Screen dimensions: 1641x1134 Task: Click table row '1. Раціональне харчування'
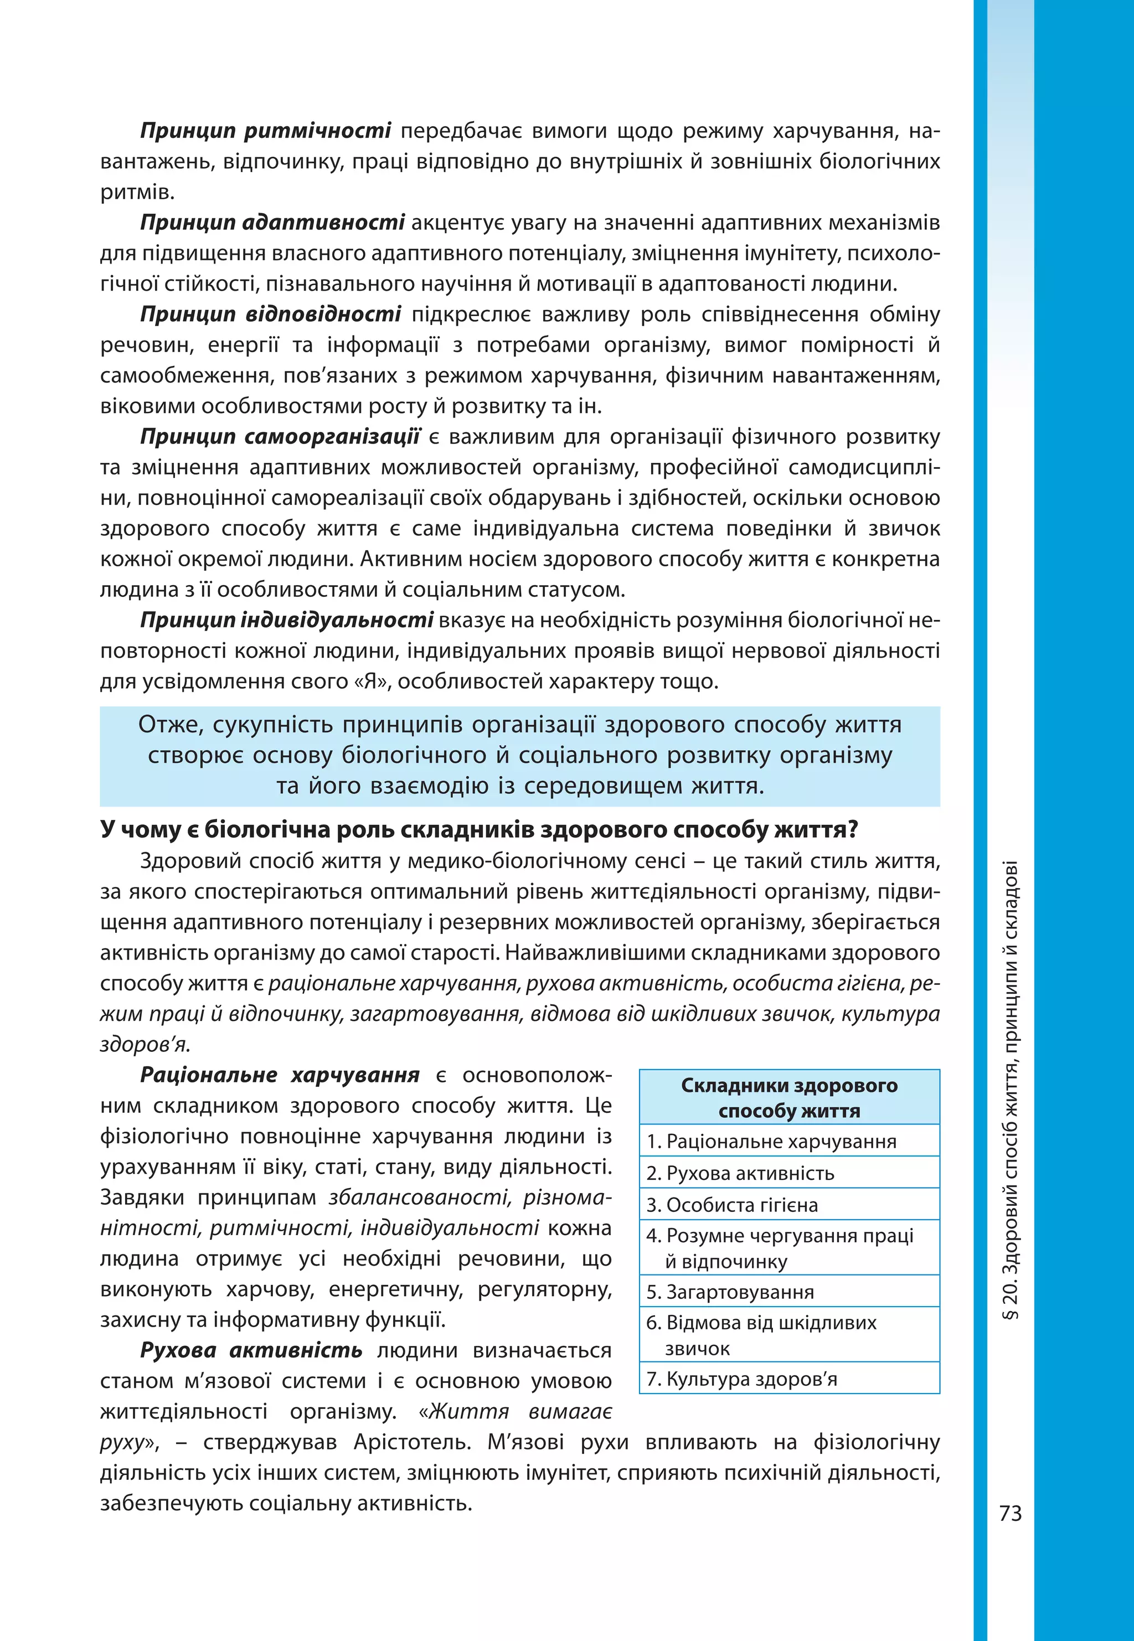(772, 1142)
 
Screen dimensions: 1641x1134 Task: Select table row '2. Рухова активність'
(740, 1174)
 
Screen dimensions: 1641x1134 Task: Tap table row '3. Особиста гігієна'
(732, 1205)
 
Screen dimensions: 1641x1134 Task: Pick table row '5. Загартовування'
(730, 1292)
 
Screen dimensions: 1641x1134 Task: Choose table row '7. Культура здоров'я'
(742, 1379)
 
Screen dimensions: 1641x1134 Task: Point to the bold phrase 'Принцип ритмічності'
(265, 131)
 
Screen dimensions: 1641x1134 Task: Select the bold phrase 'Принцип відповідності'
(270, 314)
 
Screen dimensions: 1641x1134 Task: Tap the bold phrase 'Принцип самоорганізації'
(280, 437)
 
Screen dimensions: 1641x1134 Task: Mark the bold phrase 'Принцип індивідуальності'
(286, 621)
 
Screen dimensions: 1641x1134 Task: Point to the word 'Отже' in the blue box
(171, 725)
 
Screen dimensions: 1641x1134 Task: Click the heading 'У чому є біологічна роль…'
(479, 830)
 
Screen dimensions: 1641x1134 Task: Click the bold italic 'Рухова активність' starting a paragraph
(251, 1350)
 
